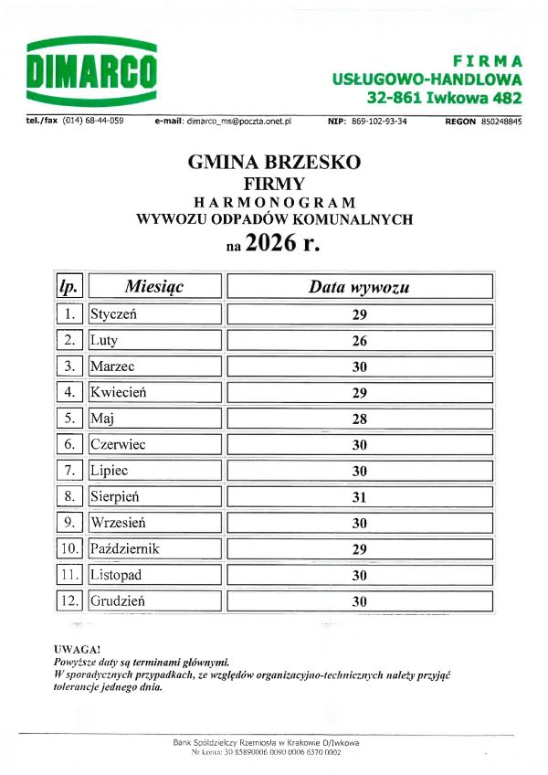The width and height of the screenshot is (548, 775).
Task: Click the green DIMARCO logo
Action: coord(91,71)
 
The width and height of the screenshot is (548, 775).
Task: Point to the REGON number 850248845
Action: coord(501,121)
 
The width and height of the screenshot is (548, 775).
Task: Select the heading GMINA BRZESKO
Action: coord(274,162)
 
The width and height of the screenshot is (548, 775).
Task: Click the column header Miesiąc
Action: coord(154,287)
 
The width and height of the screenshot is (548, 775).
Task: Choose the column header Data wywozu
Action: coord(359,287)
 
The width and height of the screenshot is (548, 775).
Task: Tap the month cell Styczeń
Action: coord(154,314)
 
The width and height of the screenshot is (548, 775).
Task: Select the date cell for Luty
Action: coord(359,341)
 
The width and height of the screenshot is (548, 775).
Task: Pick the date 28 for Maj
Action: coord(359,419)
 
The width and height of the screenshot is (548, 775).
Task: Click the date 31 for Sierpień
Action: coord(359,497)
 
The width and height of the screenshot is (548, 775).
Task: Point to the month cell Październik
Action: coord(154,549)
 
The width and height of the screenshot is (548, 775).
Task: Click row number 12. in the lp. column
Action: coord(68,601)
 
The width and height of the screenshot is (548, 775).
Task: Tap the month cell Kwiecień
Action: coord(154,393)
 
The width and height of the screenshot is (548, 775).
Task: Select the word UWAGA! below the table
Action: coord(77,648)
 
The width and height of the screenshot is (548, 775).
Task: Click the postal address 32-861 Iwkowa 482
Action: coord(444,97)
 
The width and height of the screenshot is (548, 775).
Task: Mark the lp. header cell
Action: coord(68,287)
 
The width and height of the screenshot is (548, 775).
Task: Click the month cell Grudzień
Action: coord(154,601)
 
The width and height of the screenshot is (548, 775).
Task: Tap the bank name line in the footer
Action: coord(266,741)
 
